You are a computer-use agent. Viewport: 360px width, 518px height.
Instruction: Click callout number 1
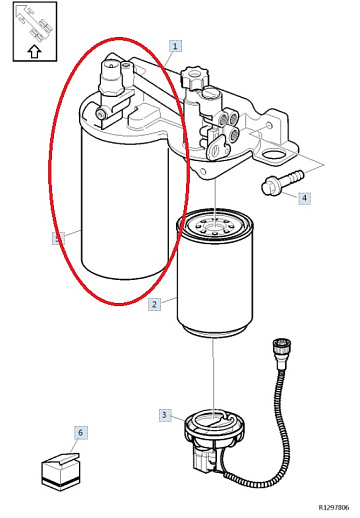(x=175, y=46)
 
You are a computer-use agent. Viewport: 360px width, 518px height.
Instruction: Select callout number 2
(x=154, y=304)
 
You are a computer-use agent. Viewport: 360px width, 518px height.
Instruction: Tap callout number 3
(x=164, y=415)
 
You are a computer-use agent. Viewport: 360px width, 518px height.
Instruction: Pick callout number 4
(x=304, y=198)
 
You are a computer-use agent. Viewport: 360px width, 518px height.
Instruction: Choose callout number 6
(x=80, y=433)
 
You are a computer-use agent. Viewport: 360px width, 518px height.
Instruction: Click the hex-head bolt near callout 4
(x=283, y=182)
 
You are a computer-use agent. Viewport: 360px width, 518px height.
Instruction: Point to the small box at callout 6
(x=61, y=472)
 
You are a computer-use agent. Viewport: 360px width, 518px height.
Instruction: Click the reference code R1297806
(x=334, y=507)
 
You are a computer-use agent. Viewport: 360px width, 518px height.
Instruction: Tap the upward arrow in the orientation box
(x=34, y=52)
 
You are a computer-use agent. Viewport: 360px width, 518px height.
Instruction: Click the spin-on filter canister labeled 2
(x=215, y=272)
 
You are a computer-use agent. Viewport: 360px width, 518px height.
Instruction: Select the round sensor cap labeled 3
(x=214, y=426)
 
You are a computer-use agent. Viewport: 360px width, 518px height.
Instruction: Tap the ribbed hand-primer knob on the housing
(x=194, y=76)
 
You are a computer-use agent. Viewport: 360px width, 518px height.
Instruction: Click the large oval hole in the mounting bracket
(x=274, y=155)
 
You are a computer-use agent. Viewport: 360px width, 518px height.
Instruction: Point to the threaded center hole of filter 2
(x=213, y=228)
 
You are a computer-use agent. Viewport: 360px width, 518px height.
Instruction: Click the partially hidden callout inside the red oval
(x=58, y=238)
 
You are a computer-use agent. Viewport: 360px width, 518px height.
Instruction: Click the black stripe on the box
(x=61, y=480)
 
